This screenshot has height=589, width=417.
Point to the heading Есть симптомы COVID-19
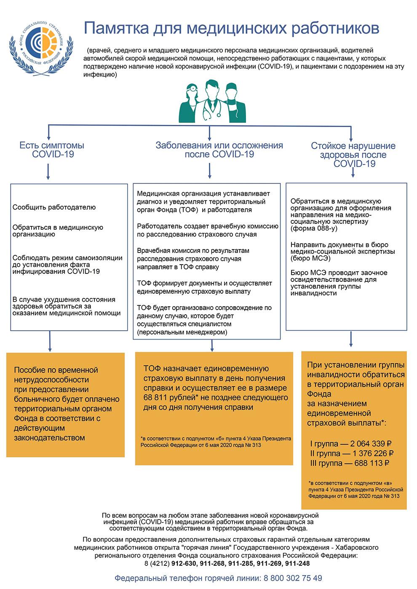[x=52, y=150]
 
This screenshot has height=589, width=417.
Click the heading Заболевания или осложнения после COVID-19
[x=219, y=150]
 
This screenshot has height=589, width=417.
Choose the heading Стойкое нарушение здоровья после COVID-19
[x=353, y=155]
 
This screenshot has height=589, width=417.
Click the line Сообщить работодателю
[x=54, y=207]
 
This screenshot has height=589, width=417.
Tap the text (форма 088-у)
[x=314, y=228]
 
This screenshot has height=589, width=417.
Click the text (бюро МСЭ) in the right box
[x=311, y=258]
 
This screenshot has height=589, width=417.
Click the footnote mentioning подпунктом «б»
[x=215, y=441]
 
